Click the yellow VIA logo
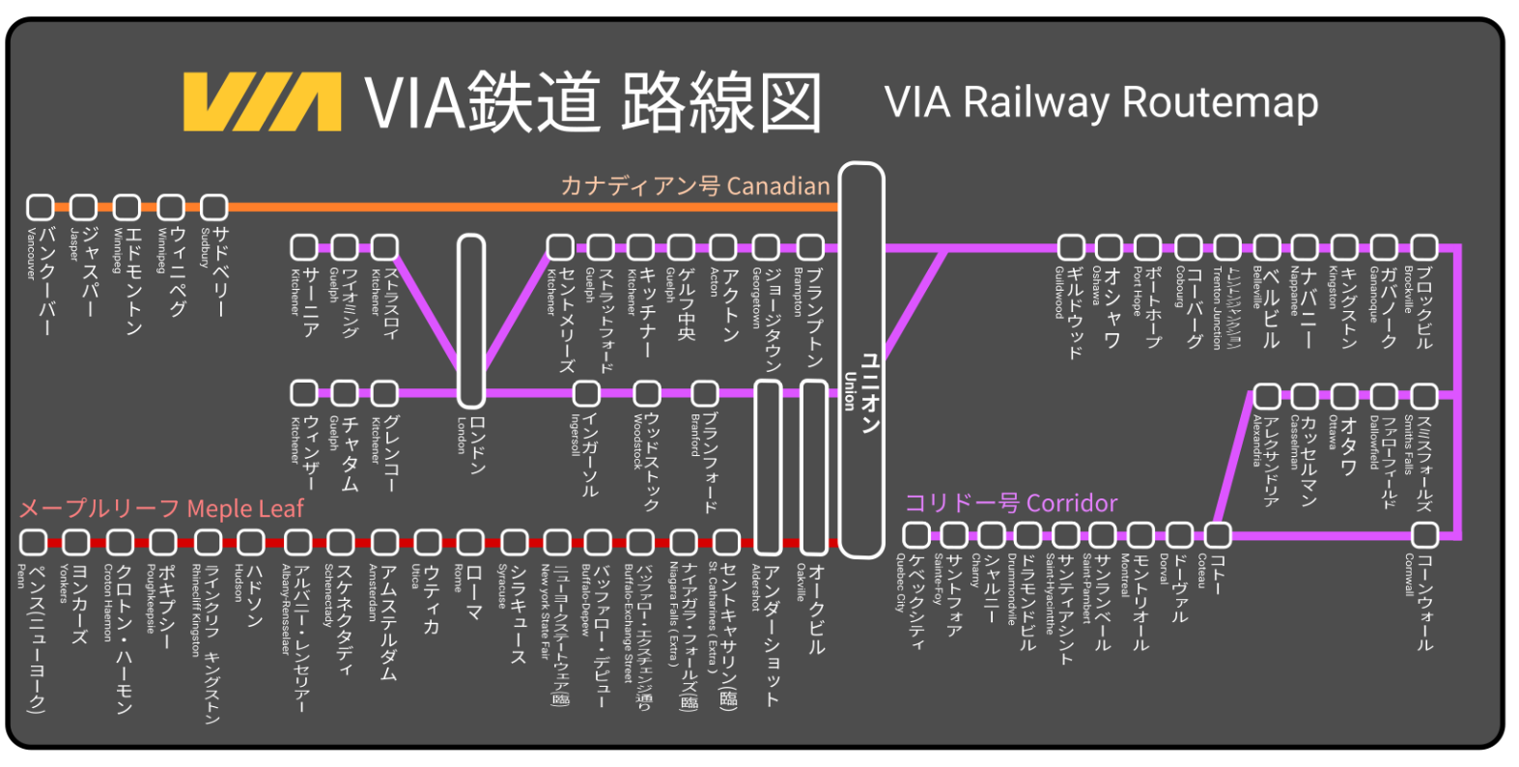click(262, 101)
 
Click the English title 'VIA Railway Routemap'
click(1101, 102)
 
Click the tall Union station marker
click(860, 359)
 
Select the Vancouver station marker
click(40, 207)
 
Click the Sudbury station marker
click(213, 207)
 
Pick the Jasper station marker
click(83, 207)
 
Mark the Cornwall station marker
click(1424, 534)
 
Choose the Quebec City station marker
click(915, 534)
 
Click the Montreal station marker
click(1140, 534)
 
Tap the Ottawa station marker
click(1343, 396)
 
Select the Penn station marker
click(33, 542)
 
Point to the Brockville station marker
click(1424, 247)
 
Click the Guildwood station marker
click(1070, 247)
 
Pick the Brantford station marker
click(704, 393)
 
